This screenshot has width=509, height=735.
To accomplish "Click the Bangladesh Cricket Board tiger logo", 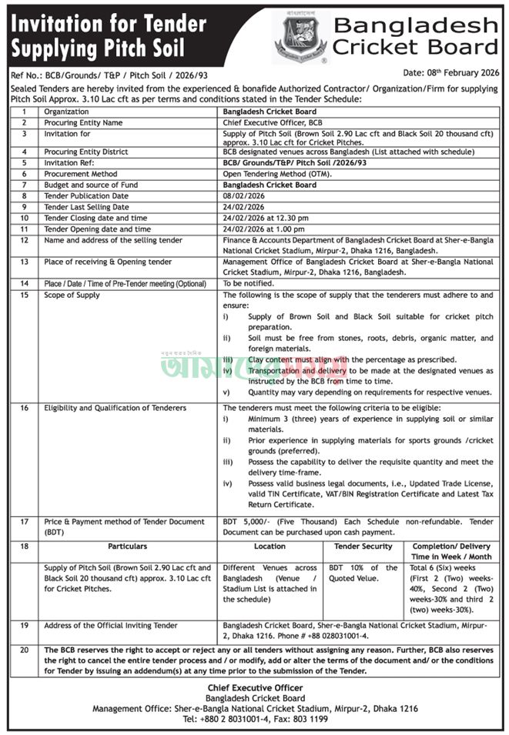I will [300, 35].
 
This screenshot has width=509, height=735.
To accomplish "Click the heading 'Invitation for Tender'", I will [106, 22].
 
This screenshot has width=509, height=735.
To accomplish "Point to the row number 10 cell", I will [25, 218].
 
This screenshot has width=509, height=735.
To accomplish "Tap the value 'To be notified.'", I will [248, 283].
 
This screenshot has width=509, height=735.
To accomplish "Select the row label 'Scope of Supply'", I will [72, 295].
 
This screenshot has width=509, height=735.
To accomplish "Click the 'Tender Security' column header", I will [363, 546].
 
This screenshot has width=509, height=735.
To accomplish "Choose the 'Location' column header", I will [269, 546].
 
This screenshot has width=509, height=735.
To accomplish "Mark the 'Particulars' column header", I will [128, 546].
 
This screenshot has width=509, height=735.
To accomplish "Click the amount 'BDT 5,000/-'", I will [244, 522].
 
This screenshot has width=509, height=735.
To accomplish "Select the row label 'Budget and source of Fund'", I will [91, 185].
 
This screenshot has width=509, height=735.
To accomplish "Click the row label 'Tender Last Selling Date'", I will [87, 207].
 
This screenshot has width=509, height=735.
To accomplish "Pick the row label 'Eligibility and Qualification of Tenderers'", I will [115, 407].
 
